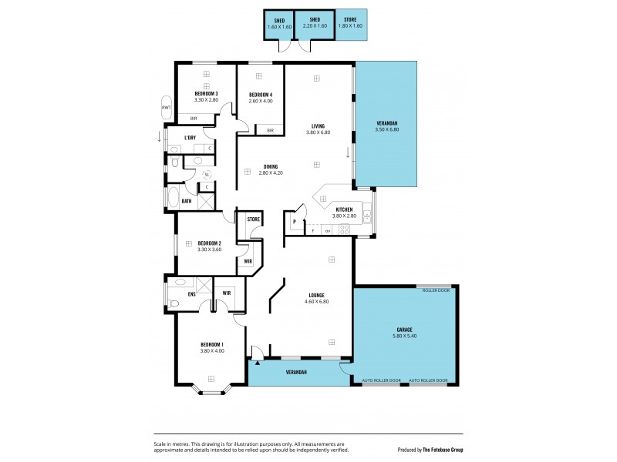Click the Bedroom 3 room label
pyautogui.click(x=206, y=94)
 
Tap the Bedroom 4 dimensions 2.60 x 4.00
pyautogui.click(x=261, y=101)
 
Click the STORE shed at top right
pyautogui.click(x=351, y=24)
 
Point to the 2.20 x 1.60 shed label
pyautogui.click(x=315, y=26)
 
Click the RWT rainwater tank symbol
pyautogui.click(x=166, y=108)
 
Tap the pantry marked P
pyautogui.click(x=295, y=222)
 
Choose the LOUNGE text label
pyautogui.click(x=316, y=295)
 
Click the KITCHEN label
pyautogui.click(x=344, y=209)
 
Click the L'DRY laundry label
pyautogui.click(x=190, y=138)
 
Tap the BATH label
pyautogui.click(x=187, y=202)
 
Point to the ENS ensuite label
pyautogui.click(x=190, y=293)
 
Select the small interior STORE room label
pyautogui.click(x=253, y=219)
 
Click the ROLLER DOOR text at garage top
pyautogui.click(x=436, y=290)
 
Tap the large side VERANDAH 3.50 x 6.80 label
pyautogui.click(x=387, y=127)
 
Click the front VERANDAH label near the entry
pyautogui.click(x=298, y=373)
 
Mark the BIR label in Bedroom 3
pyautogui.click(x=194, y=118)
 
